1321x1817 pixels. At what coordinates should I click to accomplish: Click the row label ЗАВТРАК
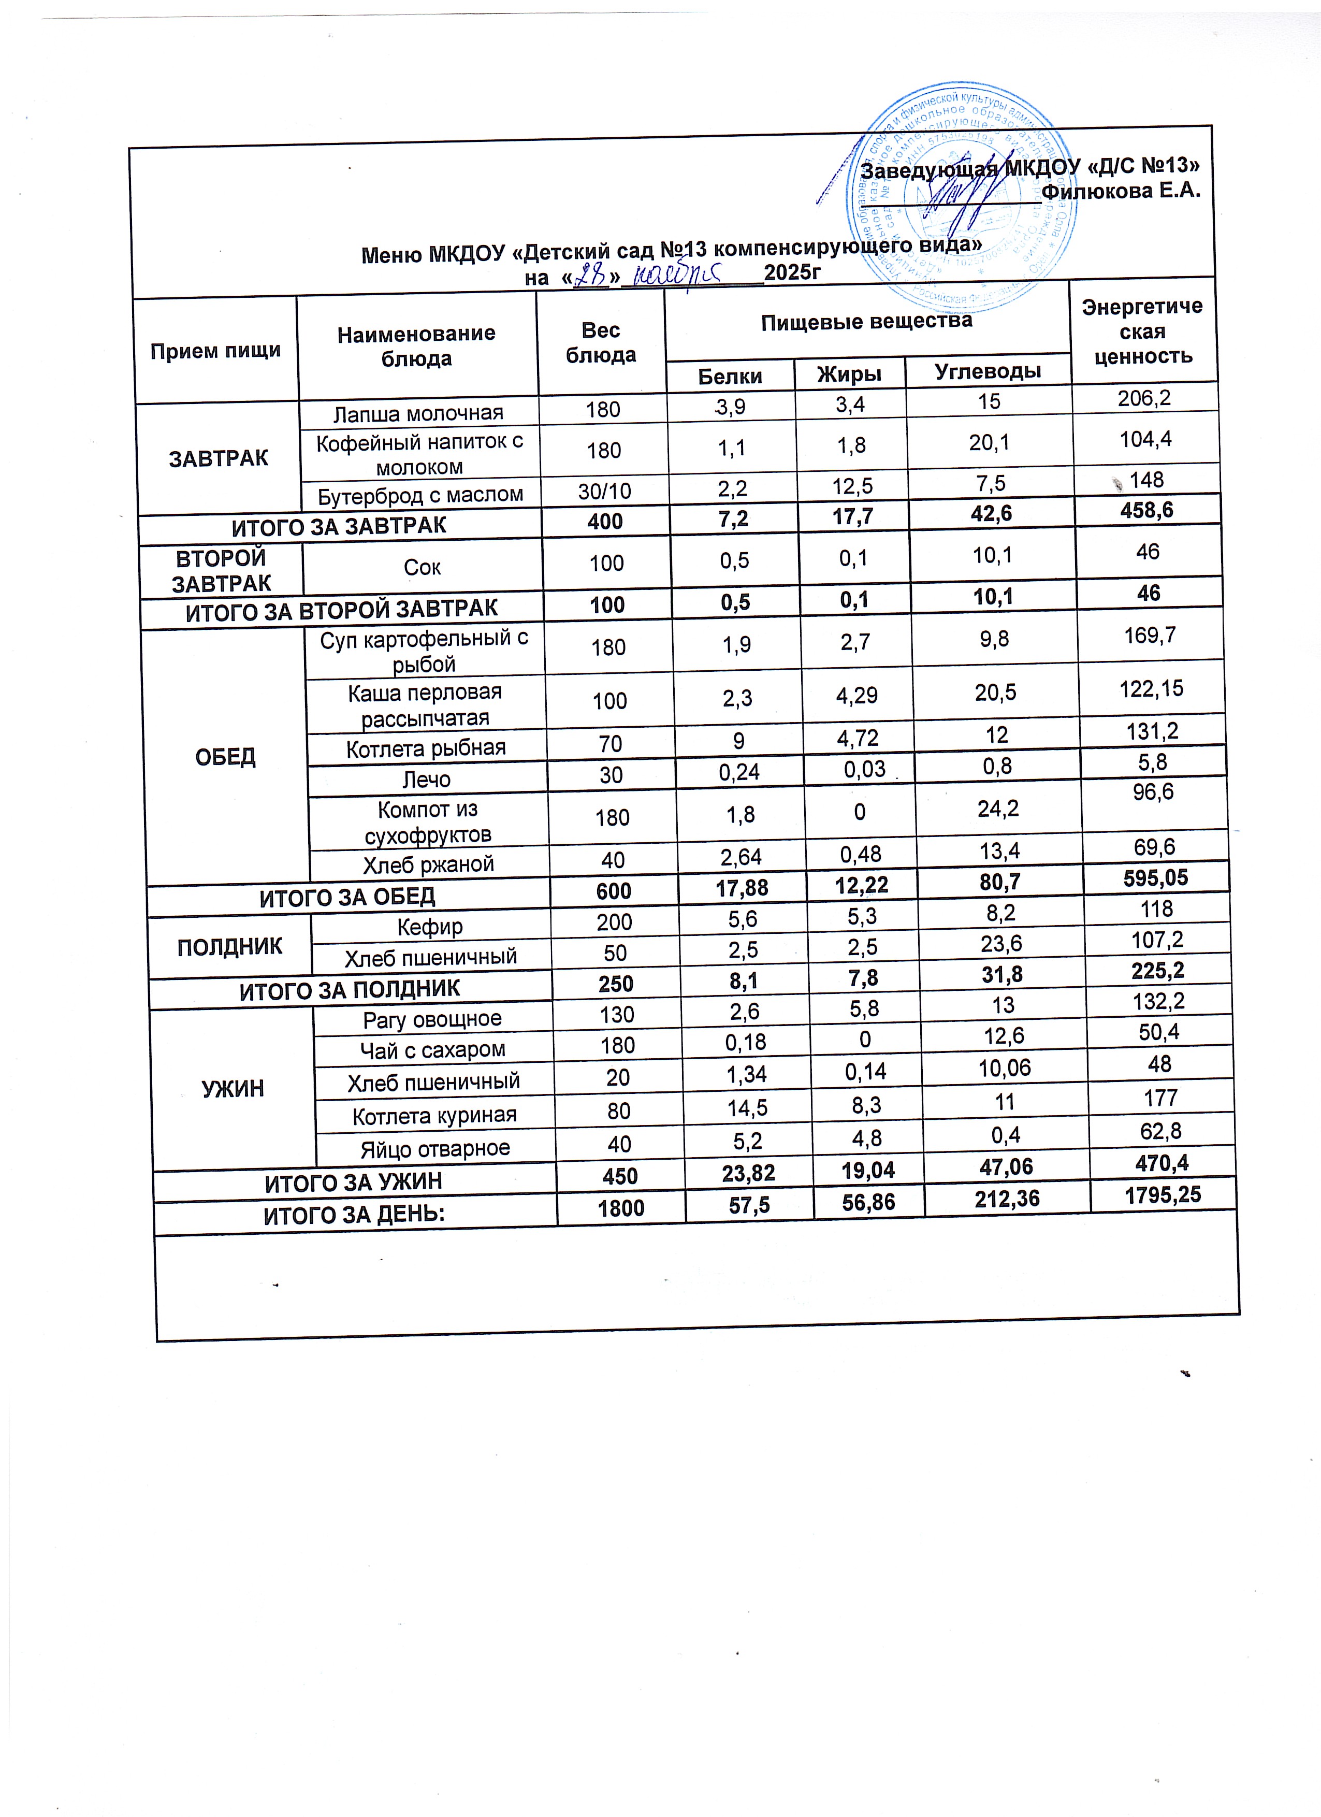(218, 458)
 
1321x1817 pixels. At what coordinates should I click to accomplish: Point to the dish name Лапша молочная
(418, 413)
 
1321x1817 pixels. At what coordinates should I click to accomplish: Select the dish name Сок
(422, 567)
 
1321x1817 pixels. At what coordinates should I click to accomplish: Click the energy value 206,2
(1144, 397)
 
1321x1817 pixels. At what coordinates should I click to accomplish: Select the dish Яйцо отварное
(435, 1148)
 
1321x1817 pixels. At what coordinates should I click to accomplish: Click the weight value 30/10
(604, 491)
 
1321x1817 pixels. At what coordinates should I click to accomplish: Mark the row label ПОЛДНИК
(230, 946)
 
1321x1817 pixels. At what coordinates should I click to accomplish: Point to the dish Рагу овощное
(432, 1019)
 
